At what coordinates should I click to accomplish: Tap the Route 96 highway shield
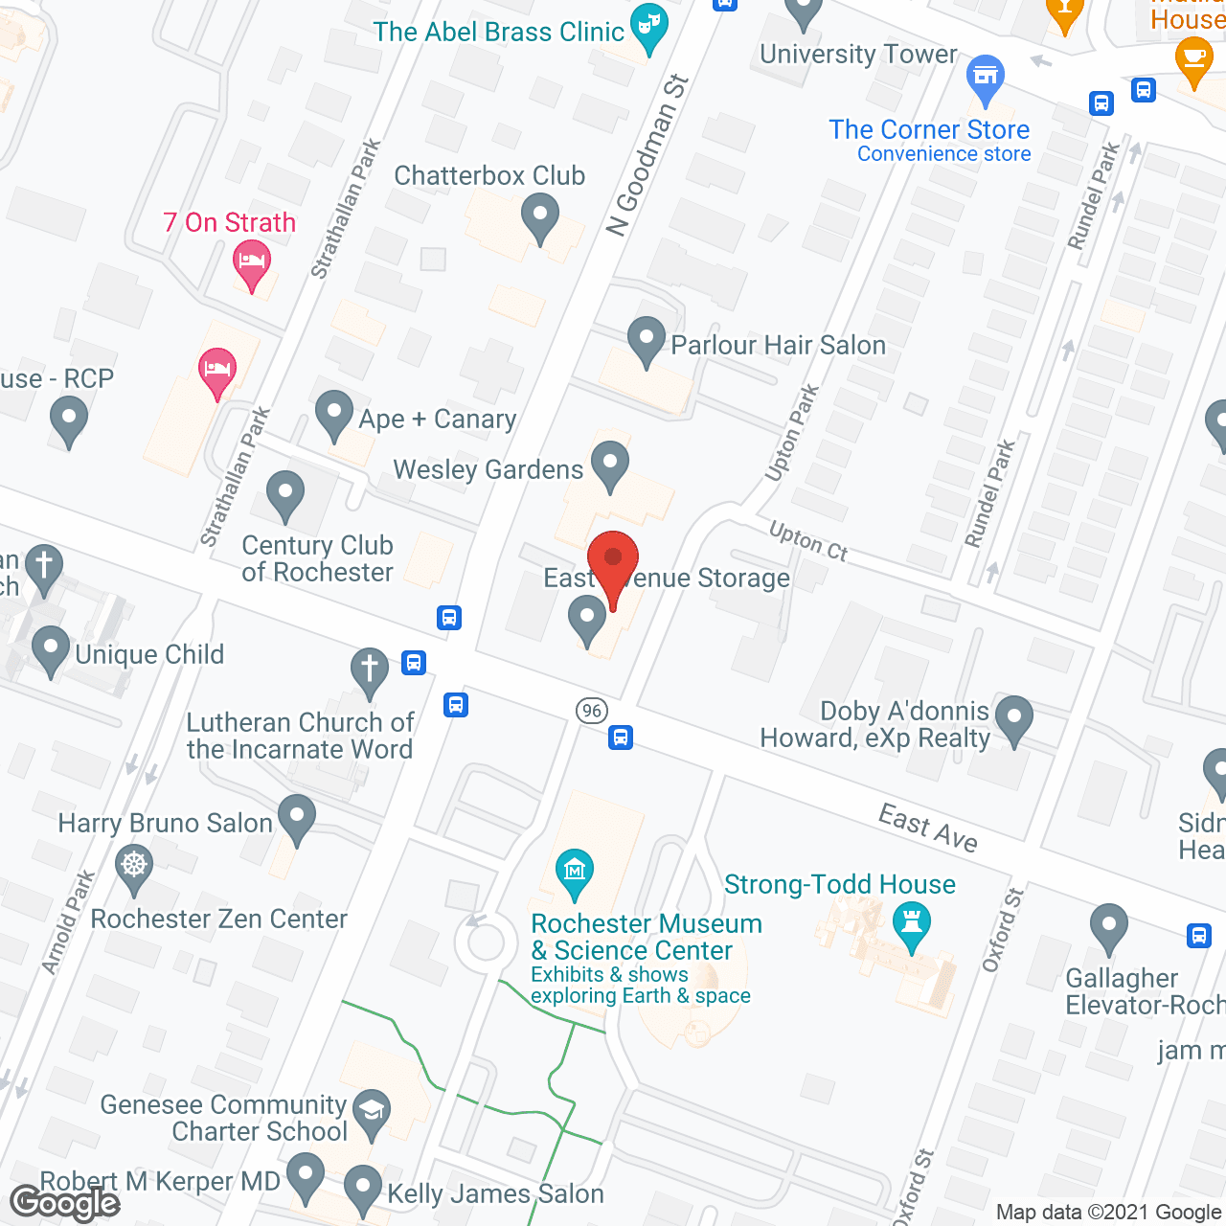592,710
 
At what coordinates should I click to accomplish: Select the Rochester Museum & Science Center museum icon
575,871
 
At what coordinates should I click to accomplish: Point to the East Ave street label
928,828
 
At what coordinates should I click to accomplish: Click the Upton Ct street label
809,541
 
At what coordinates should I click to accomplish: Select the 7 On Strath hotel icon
252,261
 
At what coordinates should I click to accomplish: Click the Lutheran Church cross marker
369,670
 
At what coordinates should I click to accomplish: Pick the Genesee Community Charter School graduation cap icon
371,1111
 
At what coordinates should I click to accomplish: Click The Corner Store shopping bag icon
985,77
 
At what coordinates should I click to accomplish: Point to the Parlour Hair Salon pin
647,339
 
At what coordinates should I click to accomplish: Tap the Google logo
65,1203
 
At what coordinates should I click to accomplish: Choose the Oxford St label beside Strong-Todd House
1003,929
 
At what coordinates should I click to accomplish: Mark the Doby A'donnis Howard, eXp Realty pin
1014,717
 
